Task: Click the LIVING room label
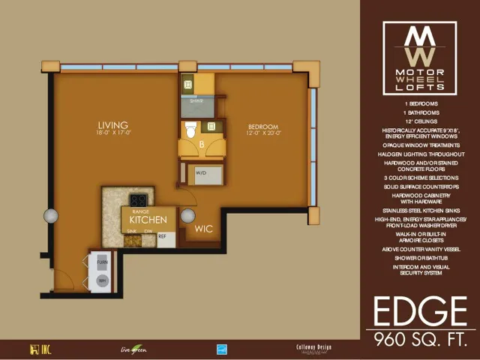click(112, 124)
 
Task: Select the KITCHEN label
click(148, 220)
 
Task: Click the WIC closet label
click(204, 229)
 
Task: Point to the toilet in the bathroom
click(190, 130)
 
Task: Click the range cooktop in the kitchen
click(138, 200)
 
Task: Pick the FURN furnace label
click(102, 262)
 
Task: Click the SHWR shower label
click(194, 100)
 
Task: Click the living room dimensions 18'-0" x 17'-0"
click(112, 133)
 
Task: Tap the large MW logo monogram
click(419, 45)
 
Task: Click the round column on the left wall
click(51, 216)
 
